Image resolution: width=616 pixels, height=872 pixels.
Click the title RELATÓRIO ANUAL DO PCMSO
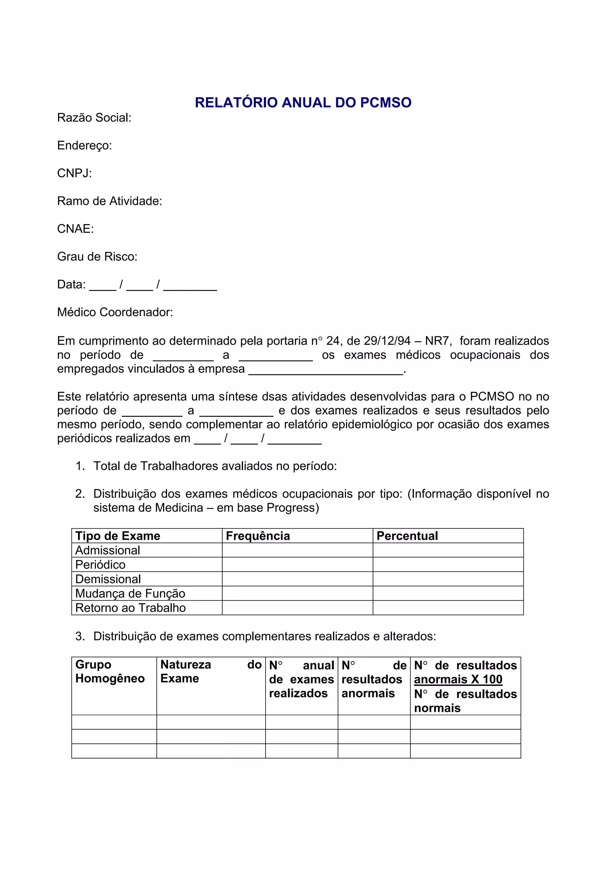(x=303, y=103)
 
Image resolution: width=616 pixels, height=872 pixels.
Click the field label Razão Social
(x=94, y=118)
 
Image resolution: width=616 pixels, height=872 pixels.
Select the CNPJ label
(x=74, y=173)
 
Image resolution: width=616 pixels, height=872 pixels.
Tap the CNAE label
(x=75, y=229)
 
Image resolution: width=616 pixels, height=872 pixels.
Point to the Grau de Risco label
(x=97, y=257)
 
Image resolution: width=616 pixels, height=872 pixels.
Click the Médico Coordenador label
(x=115, y=312)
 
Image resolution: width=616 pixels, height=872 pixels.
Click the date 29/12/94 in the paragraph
(x=387, y=341)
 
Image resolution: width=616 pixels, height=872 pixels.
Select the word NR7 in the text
(x=437, y=341)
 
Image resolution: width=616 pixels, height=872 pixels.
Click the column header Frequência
(x=258, y=536)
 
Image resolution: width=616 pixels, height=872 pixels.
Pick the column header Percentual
(x=407, y=536)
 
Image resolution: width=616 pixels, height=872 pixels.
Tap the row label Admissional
(x=107, y=550)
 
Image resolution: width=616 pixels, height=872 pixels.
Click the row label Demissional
(x=108, y=579)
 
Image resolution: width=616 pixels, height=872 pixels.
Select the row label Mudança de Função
(x=130, y=593)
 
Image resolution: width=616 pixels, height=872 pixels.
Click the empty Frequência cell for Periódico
(x=297, y=564)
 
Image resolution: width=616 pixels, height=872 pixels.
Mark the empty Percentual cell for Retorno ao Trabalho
(x=448, y=608)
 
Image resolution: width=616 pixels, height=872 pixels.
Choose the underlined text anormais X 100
(x=458, y=679)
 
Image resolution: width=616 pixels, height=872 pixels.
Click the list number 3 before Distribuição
(x=79, y=636)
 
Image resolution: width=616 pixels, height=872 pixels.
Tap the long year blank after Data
(x=190, y=285)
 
